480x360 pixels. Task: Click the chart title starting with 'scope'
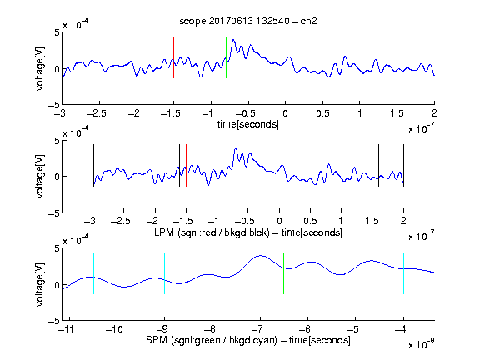click(x=248, y=21)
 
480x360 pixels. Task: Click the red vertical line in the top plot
click(x=173, y=57)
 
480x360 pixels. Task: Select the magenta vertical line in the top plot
click(x=397, y=57)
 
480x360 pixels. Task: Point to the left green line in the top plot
click(x=226, y=57)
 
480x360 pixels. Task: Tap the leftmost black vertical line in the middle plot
click(x=93, y=165)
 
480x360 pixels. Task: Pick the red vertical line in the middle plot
click(x=186, y=165)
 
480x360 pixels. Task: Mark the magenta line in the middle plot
click(x=372, y=165)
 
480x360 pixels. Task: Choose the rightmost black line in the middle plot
click(x=403, y=165)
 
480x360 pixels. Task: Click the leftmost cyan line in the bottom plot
click(x=93, y=273)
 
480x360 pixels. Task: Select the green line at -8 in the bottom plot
click(x=212, y=273)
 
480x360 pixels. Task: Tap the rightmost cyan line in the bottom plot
click(x=403, y=273)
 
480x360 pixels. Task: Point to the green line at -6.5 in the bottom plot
click(x=284, y=273)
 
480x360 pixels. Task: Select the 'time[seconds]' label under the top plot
click(x=248, y=124)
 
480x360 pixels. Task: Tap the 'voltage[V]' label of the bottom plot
click(x=40, y=284)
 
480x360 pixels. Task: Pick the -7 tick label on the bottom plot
click(x=257, y=329)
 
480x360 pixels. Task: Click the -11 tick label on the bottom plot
click(x=64, y=329)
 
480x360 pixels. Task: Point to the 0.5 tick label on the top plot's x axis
click(x=322, y=113)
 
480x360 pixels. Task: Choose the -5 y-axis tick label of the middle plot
click(x=54, y=213)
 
